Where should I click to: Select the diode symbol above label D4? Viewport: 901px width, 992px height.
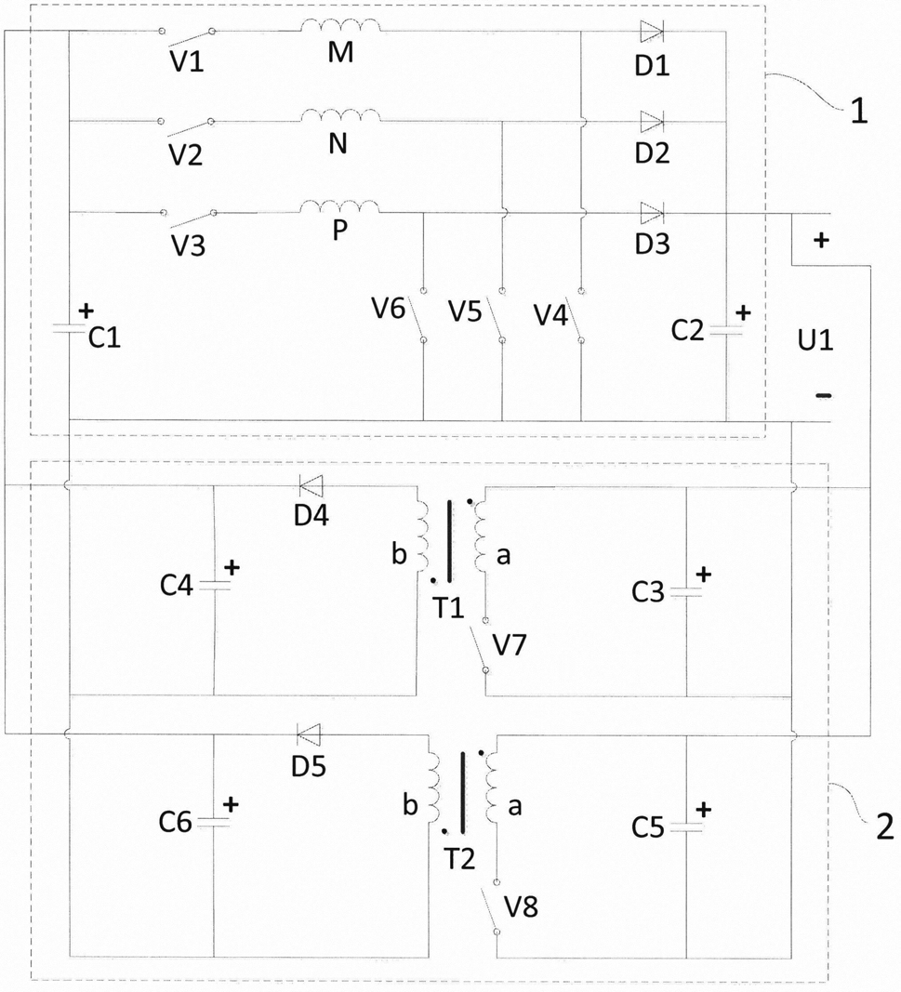311,486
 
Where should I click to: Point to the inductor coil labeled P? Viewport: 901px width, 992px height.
339,207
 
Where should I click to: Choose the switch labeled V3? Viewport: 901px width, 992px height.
189,218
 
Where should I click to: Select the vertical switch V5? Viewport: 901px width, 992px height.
497,316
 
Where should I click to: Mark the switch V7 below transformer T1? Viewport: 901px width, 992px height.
480,645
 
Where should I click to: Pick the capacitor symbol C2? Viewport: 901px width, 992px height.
726,330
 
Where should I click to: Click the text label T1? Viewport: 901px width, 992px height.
448,607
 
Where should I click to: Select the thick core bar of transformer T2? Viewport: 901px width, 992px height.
462,793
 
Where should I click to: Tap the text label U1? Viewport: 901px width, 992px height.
815,340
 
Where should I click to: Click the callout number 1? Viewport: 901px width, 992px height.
857,112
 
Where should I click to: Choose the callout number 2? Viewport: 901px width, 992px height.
884,826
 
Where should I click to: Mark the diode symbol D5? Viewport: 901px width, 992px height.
309,734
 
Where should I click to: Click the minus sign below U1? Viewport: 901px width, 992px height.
823,396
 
